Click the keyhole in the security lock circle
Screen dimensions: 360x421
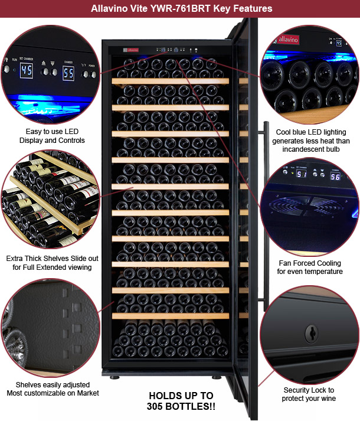pyautogui.click(x=312, y=334)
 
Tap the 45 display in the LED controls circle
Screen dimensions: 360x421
pyautogui.click(x=27, y=71)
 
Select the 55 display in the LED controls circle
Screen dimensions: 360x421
pyautogui.click(x=68, y=73)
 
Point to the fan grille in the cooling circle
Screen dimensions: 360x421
pyautogui.click(x=306, y=206)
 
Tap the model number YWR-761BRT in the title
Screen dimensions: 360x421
pyautogui.click(x=181, y=9)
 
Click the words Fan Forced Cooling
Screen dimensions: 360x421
pyautogui.click(x=310, y=263)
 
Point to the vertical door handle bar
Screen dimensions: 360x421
pyautogui.click(x=266, y=217)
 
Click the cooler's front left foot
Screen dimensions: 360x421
pyautogui.click(x=114, y=377)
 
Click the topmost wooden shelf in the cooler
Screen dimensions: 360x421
pyautogui.click(x=171, y=81)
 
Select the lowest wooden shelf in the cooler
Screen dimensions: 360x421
pyautogui.click(x=171, y=316)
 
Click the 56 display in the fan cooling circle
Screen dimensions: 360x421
pyautogui.click(x=335, y=177)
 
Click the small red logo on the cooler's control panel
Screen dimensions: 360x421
pyautogui.click(x=131, y=50)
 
